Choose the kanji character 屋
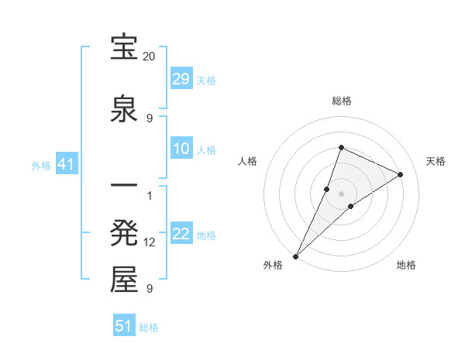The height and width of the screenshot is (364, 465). [125, 280]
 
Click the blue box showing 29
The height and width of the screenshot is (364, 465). [181, 79]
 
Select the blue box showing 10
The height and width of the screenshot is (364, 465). [181, 149]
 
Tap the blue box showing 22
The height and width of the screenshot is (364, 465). [181, 234]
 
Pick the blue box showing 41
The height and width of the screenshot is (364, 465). [66, 164]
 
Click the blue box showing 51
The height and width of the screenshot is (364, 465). [124, 326]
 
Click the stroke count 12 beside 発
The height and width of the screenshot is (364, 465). [150, 242]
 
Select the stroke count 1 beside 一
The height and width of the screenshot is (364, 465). [150, 195]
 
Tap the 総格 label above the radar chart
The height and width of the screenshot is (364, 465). [342, 101]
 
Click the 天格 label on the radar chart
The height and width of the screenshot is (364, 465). [436, 161]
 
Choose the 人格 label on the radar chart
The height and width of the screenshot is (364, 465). [248, 161]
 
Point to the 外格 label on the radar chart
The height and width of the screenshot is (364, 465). [273, 265]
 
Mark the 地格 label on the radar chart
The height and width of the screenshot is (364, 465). [406, 265]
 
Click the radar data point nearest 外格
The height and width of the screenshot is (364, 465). [296, 256]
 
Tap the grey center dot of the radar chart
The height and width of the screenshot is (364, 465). [342, 194]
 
